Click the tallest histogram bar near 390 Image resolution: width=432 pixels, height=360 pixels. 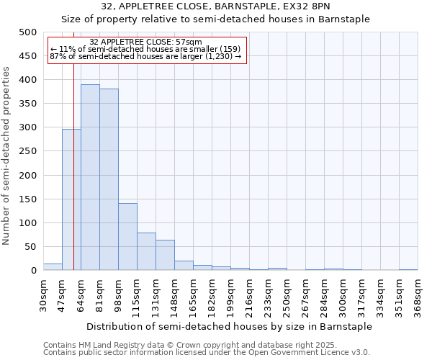point(90,177)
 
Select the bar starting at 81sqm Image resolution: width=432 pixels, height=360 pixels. point(109,179)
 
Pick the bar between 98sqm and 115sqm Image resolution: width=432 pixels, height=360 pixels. point(127,237)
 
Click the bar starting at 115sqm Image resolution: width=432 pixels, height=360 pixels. point(146,251)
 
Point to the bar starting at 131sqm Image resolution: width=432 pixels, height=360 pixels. point(165,255)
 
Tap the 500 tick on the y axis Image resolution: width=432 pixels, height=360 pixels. point(28,32)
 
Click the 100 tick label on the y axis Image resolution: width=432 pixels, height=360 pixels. point(28,223)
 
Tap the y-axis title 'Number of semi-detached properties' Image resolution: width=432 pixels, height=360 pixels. point(7,156)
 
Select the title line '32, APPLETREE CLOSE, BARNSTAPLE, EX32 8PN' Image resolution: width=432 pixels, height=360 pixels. point(215,6)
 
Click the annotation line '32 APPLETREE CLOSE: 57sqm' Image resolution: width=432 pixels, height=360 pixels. point(146,42)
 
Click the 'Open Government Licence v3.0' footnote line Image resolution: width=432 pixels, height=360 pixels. point(207,352)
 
